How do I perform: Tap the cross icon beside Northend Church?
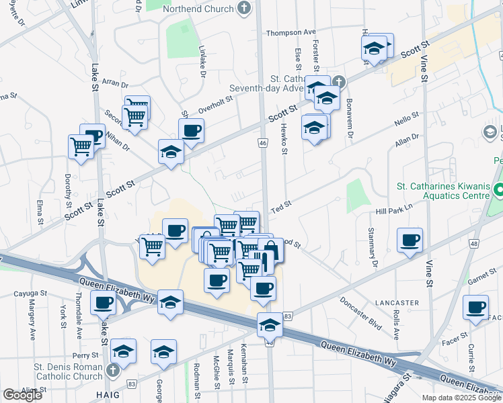click(x=245, y=8)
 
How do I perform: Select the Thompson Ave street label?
click(x=291, y=32)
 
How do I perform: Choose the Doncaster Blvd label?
click(x=360, y=313)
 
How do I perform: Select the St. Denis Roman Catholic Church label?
click(x=69, y=373)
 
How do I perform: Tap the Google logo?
click(x=22, y=395)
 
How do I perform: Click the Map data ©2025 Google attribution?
click(x=462, y=398)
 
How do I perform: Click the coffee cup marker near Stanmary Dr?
click(x=410, y=240)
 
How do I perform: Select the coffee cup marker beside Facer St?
click(x=476, y=308)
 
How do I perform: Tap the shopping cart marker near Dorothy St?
click(x=81, y=145)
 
